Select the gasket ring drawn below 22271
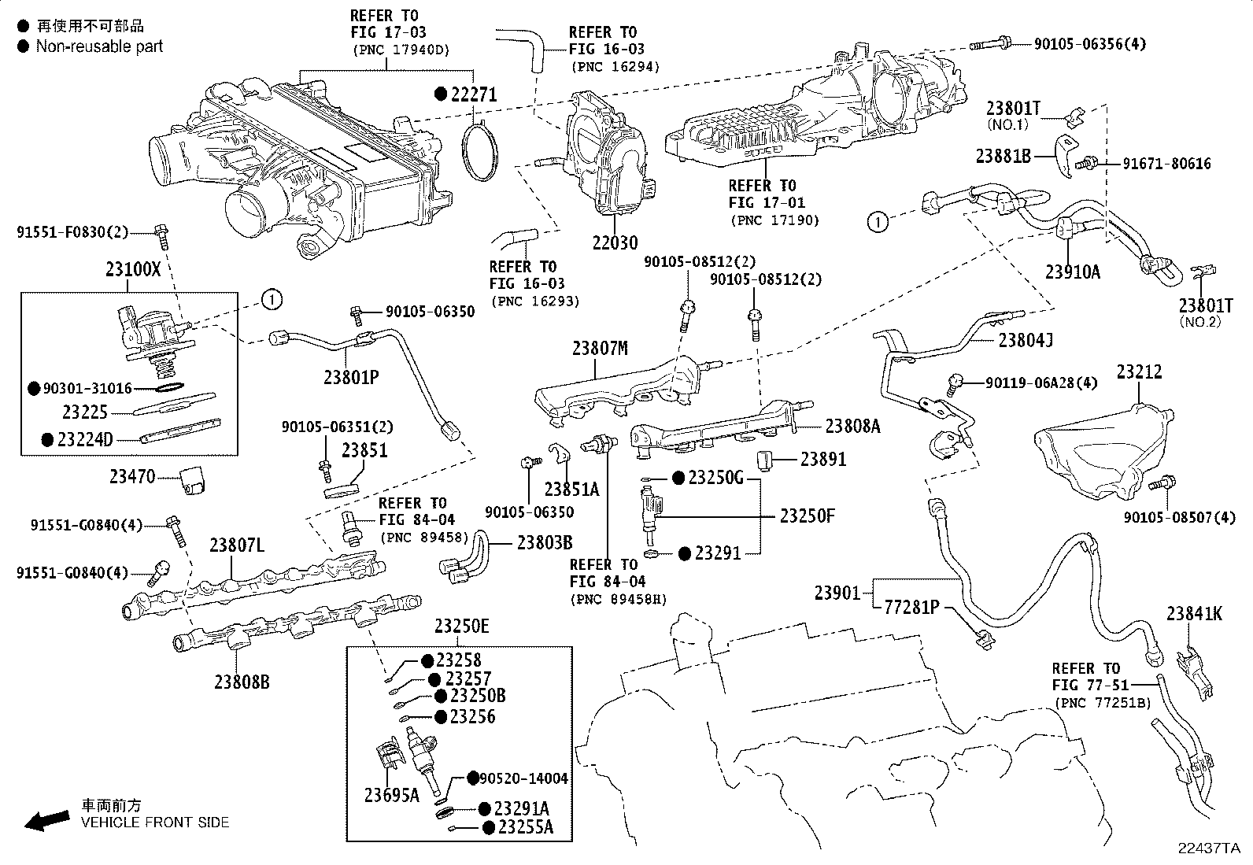click(x=481, y=153)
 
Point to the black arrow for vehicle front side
click(x=46, y=821)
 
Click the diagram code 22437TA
click(x=1208, y=848)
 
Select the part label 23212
click(x=1139, y=372)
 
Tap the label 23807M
click(x=600, y=348)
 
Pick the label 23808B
click(x=242, y=682)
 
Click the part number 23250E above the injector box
click(x=461, y=627)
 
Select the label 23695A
click(x=391, y=795)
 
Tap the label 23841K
click(x=1194, y=614)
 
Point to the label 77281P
click(x=911, y=607)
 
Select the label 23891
click(x=823, y=459)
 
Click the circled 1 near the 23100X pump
click(x=270, y=300)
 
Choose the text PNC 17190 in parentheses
click(x=774, y=220)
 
